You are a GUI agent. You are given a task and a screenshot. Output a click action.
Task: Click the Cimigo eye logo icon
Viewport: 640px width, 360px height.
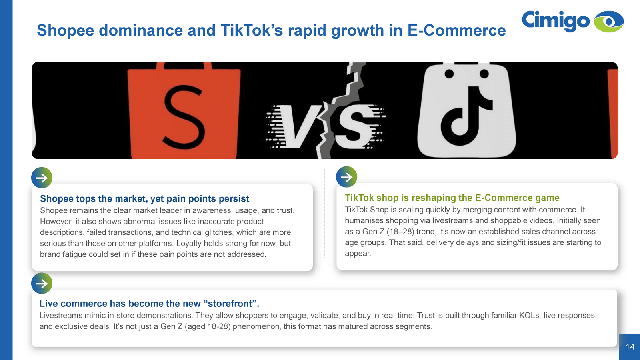[x=608, y=22]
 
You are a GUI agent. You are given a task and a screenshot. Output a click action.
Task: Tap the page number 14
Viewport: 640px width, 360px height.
[x=630, y=346]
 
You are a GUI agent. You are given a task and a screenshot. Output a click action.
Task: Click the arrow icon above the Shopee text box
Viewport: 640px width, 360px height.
[x=42, y=178]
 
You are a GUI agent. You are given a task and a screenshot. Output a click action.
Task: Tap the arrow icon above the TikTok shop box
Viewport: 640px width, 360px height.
[x=346, y=177]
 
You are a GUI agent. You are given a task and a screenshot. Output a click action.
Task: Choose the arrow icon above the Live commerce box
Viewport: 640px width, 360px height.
[x=42, y=284]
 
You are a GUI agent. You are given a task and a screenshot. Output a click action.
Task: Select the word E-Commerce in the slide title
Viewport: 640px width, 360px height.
[x=456, y=30]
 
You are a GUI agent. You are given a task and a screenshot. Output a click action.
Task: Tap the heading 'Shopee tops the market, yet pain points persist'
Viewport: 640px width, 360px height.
[x=144, y=198]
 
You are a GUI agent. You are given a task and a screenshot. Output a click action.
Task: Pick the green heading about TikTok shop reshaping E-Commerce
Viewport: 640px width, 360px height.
[x=452, y=198]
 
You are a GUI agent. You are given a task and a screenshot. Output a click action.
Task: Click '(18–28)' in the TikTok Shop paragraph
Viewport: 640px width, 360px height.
[x=400, y=232]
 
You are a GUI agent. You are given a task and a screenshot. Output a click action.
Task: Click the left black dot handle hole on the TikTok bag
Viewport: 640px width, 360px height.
[x=449, y=74]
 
